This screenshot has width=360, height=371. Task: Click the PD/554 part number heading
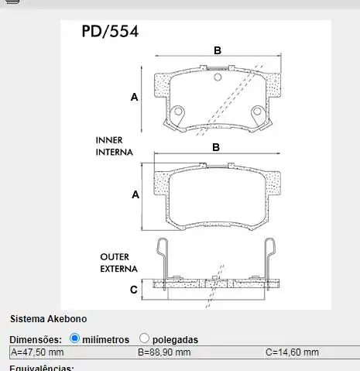pos(110,32)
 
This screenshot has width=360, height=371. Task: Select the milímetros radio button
pos(75,338)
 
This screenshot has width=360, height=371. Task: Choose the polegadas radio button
pos(145,338)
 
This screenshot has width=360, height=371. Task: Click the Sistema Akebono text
pos(48,318)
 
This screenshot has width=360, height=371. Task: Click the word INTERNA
pos(115,153)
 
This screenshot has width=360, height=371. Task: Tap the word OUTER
pos(115,256)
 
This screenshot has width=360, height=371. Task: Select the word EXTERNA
pos(118,269)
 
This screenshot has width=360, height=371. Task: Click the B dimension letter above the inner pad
pos(218,50)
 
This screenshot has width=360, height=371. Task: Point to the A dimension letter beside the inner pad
pos(134,98)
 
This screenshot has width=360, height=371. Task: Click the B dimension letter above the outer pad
pos(217,147)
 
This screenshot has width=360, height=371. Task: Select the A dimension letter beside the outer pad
pos(135,195)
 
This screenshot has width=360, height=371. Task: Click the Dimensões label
pos(36,339)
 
